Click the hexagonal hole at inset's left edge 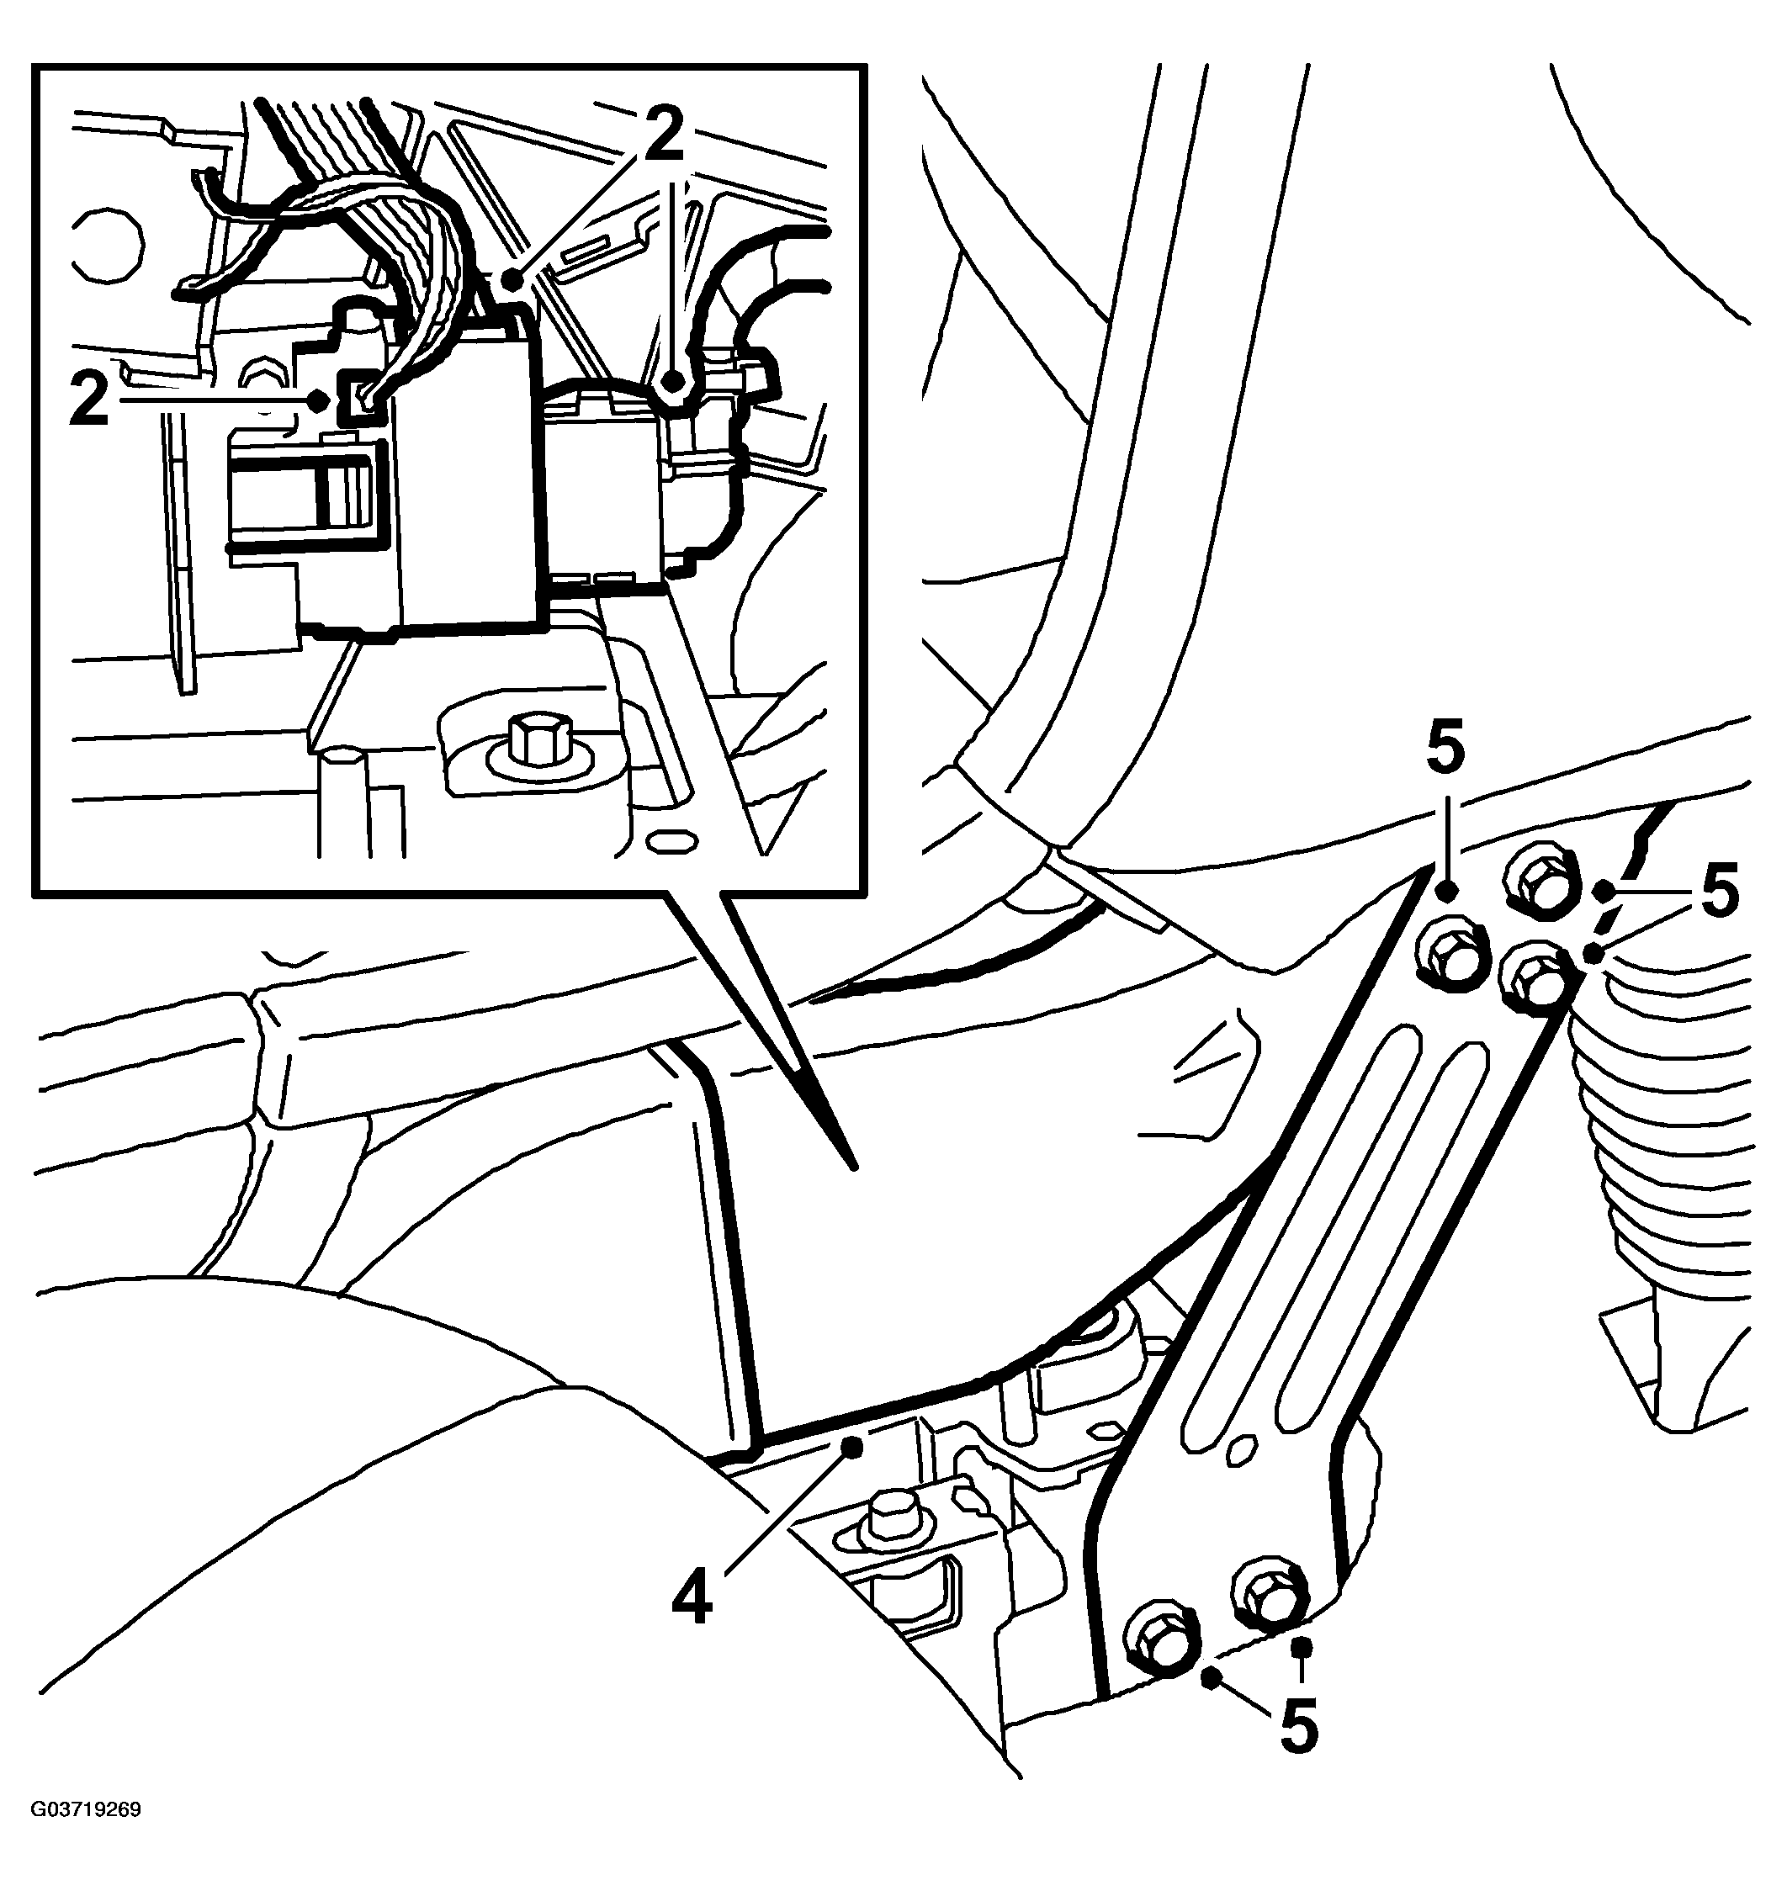click(109, 244)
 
